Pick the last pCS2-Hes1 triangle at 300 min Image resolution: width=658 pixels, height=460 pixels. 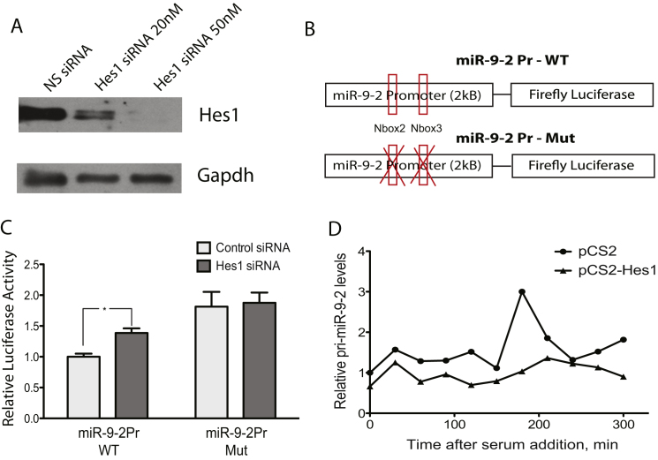coord(624,377)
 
